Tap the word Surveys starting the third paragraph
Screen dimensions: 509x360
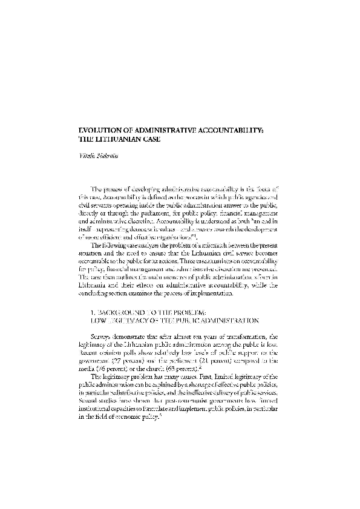pyautogui.click(x=104, y=353)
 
